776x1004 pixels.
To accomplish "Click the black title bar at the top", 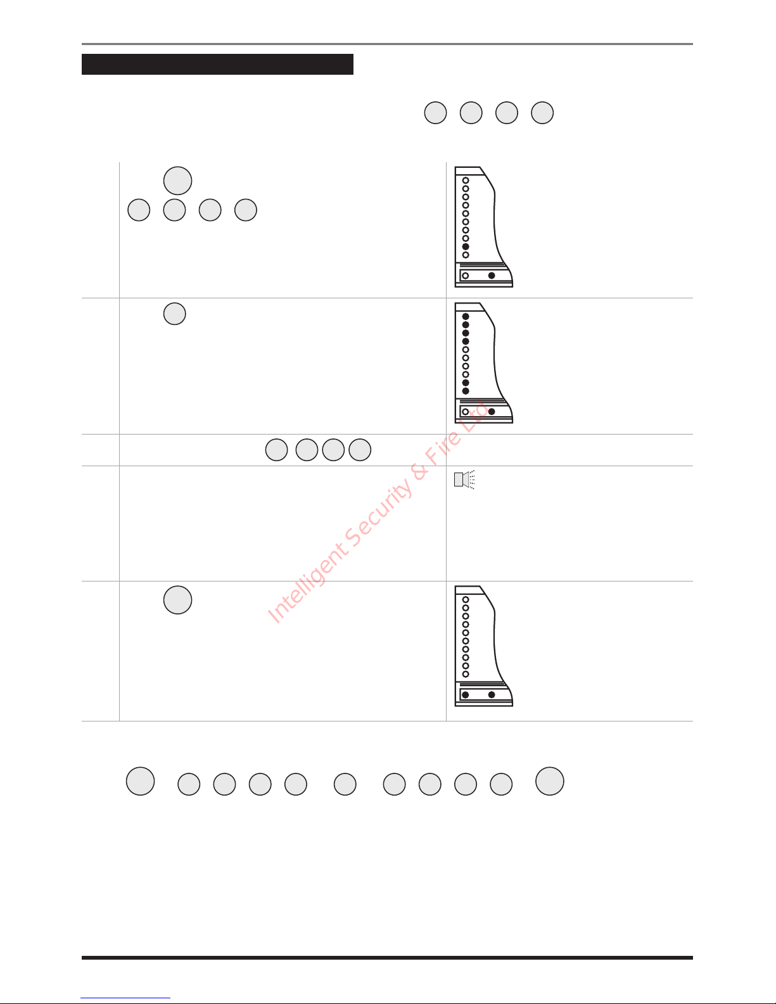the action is [x=217, y=64].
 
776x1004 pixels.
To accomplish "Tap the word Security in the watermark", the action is [x=379, y=511].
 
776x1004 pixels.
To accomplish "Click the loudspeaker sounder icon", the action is [x=464, y=480].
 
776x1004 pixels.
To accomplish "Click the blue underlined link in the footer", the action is [x=125, y=998].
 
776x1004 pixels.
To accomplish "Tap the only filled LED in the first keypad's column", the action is [x=466, y=247].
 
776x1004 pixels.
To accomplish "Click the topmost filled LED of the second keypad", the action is [x=466, y=317].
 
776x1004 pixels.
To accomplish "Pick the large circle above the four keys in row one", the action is [x=178, y=181].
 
